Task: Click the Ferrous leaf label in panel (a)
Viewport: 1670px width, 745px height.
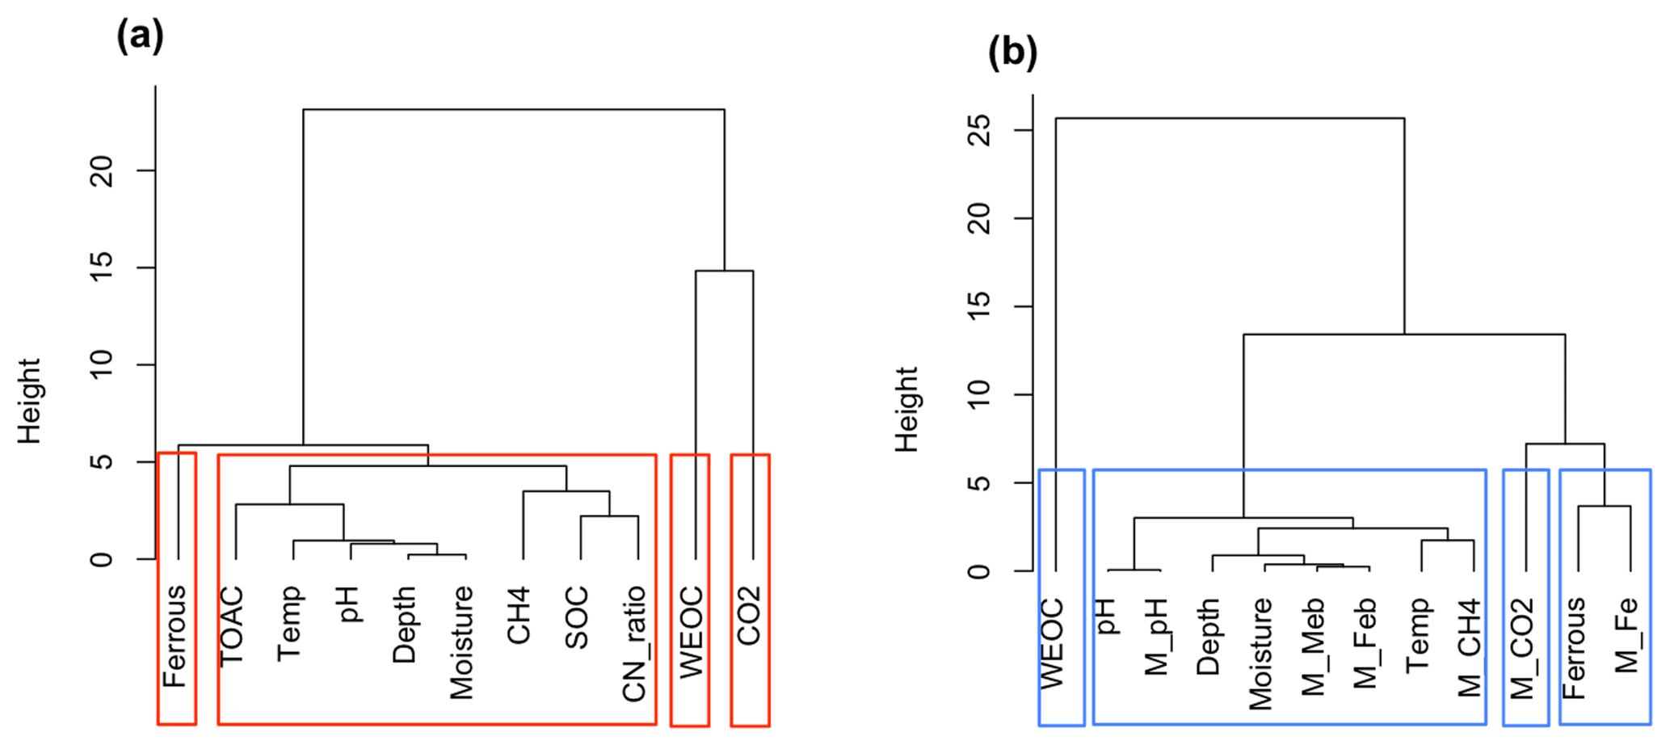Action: pos(175,636)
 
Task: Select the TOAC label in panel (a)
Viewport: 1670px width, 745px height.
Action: pos(232,626)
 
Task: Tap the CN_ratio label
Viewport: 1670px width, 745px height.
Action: pos(634,643)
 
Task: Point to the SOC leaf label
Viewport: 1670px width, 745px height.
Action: pos(576,619)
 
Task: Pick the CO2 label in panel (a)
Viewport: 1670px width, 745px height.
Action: pos(749,616)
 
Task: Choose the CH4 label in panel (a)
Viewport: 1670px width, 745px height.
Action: pos(519,616)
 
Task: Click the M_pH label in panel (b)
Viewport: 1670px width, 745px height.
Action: pos(1156,637)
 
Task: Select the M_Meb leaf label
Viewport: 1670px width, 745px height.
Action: pos(1313,646)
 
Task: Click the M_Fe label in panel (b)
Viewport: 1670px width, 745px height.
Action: pos(1626,635)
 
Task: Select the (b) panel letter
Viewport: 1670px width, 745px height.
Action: pos(1012,53)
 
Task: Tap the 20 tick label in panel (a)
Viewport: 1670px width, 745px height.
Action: pos(103,171)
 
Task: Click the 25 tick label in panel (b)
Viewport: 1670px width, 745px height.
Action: pos(979,130)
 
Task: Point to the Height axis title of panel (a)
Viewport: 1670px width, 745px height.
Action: pos(29,402)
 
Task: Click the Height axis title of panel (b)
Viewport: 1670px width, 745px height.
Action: pos(907,410)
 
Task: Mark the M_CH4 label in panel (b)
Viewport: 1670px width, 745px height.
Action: pos(1470,648)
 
